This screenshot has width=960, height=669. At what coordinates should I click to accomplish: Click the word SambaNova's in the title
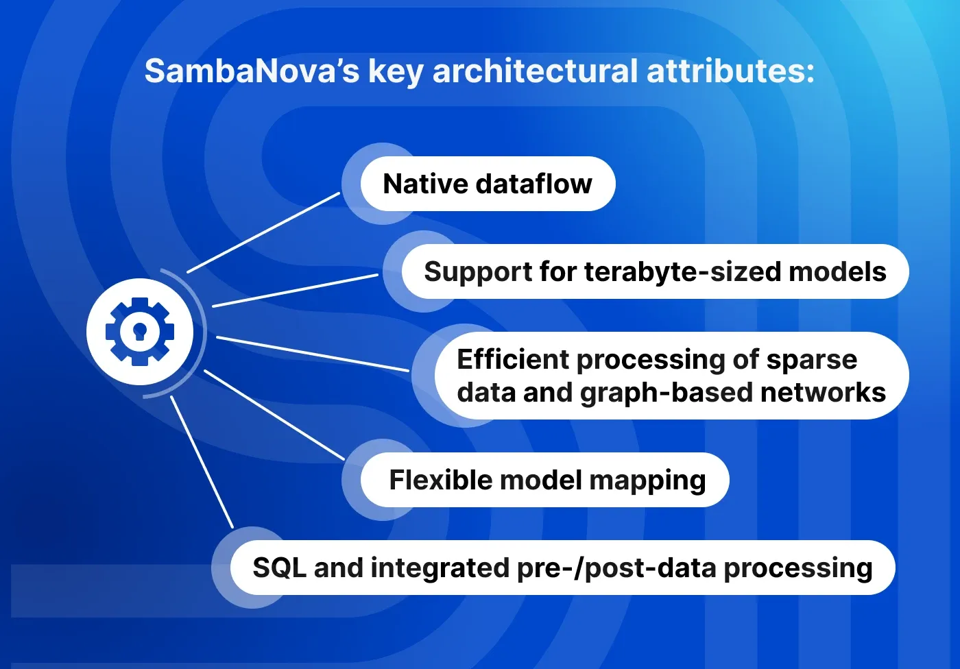click(252, 71)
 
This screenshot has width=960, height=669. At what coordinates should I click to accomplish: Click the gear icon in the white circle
click(140, 332)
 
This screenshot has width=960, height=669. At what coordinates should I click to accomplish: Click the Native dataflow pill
click(488, 184)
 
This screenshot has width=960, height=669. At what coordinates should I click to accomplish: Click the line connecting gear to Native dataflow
click(263, 233)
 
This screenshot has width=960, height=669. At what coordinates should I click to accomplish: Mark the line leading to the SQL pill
click(202, 462)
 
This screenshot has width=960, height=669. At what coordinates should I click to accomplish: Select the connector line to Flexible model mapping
click(274, 415)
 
